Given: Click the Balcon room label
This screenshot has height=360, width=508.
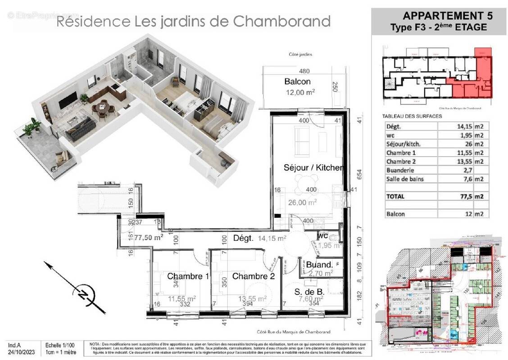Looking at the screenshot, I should pos(297,81).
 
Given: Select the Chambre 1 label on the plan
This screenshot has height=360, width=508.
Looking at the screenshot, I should pos(188,276).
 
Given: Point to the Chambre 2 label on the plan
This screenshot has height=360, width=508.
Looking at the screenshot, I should pos(253,276).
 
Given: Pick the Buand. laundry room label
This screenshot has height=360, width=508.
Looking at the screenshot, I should pos(319,265).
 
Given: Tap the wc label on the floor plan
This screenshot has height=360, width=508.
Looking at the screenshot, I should pos(322,236).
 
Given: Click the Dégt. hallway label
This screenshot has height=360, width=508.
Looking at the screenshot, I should pos(244,238).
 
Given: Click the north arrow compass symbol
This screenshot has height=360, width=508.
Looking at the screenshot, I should pos(84,294).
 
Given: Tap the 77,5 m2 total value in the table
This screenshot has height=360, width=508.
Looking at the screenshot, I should pos(470,197).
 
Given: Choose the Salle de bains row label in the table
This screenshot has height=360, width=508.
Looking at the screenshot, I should pos(405,179).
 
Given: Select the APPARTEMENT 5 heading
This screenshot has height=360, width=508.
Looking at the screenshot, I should pos(447,16).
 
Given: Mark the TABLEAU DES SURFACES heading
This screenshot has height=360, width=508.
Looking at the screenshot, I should pos(412,116).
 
